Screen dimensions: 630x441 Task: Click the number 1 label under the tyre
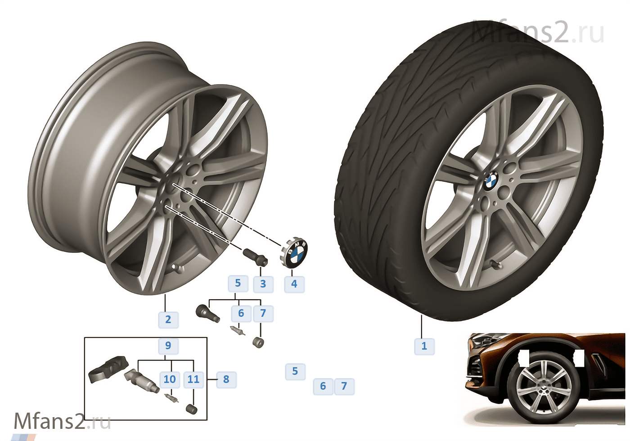click(x=424, y=346)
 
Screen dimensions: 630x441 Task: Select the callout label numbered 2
click(x=168, y=320)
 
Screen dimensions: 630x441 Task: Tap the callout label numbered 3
click(x=263, y=284)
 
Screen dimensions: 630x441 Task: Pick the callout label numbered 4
click(x=294, y=284)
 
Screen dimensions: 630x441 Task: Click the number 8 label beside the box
click(x=226, y=379)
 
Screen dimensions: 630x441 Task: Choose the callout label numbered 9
click(x=168, y=346)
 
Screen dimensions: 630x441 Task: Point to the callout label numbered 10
click(x=170, y=379)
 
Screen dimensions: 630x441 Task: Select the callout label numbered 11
click(x=193, y=379)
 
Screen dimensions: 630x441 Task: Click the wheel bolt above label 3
click(x=255, y=257)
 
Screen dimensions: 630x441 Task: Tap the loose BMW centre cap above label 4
click(x=294, y=252)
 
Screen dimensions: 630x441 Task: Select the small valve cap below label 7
click(x=258, y=343)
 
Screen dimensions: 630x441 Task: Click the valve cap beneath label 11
click(x=192, y=409)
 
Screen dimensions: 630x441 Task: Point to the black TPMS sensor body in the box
click(x=108, y=369)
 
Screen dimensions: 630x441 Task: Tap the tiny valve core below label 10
click(x=171, y=398)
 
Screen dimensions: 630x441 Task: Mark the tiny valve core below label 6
click(x=238, y=330)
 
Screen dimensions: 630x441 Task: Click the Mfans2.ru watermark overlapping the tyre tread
click(x=538, y=32)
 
